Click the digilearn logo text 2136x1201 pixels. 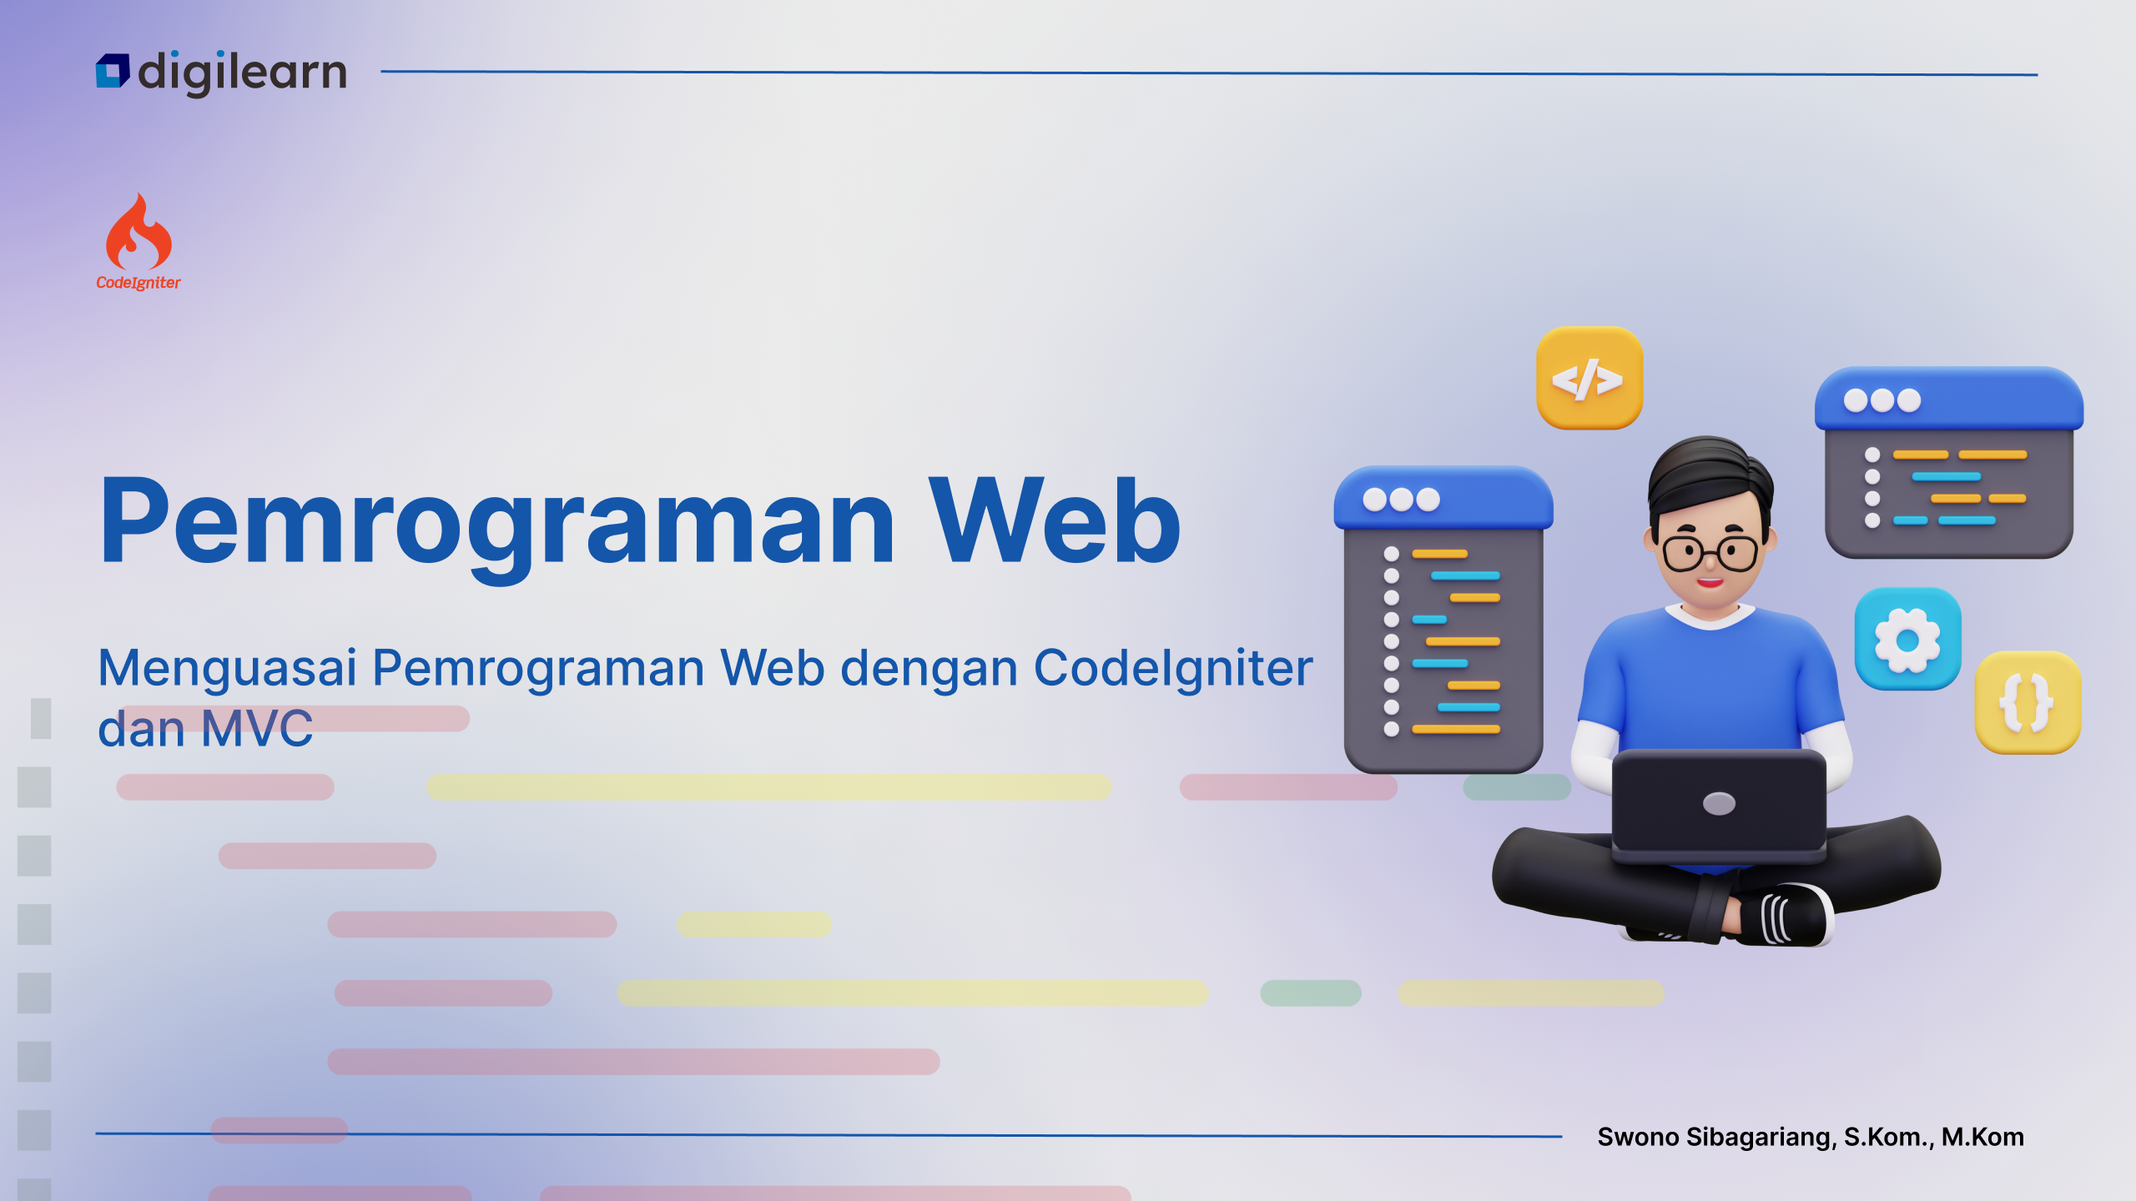point(242,73)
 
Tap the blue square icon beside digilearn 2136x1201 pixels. point(113,71)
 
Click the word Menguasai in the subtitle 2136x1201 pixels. point(228,669)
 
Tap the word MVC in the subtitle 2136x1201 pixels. point(257,728)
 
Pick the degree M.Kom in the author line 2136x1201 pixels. point(1982,1137)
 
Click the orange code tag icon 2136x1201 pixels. point(1589,379)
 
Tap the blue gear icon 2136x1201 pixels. point(1907,640)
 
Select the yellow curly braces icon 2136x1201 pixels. point(2028,702)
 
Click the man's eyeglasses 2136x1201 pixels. point(1710,552)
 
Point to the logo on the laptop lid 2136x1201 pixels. point(1719,803)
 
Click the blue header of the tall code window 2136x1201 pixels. point(1443,498)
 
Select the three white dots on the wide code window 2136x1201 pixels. point(1882,400)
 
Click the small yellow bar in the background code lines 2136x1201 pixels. point(754,924)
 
